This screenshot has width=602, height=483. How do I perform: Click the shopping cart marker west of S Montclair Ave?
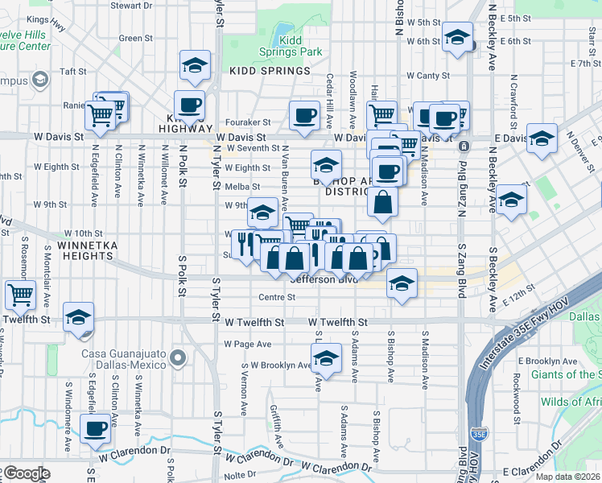20,294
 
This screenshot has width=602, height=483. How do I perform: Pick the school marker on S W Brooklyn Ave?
326,357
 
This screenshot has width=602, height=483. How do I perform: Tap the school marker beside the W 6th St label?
458,37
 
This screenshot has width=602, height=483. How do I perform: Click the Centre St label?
277,297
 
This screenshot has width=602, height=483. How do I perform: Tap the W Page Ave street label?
248,344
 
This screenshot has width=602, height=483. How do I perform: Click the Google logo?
27,473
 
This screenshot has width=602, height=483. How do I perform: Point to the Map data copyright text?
567,477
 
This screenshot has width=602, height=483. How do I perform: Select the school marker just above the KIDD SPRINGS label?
194,68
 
